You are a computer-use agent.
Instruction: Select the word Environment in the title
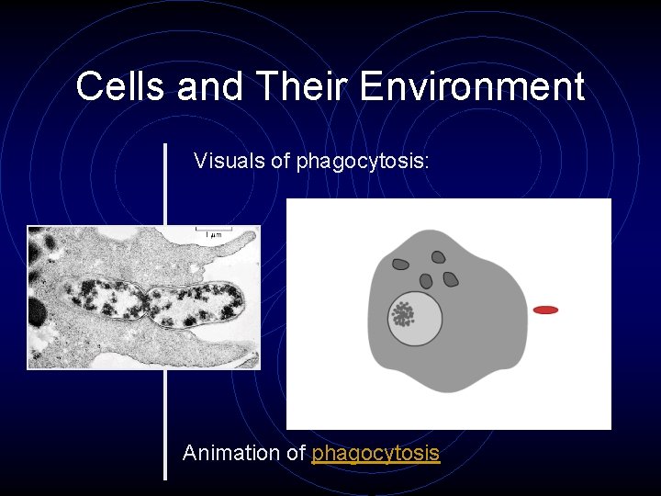[472, 87]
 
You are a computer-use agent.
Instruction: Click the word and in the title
[210, 87]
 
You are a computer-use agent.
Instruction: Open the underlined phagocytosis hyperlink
[375, 454]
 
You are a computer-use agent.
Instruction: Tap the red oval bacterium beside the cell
[545, 310]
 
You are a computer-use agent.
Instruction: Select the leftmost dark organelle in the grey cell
[401, 265]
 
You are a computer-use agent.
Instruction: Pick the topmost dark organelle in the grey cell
[439, 258]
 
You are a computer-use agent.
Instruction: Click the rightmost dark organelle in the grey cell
[451, 278]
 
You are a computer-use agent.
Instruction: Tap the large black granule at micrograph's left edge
[37, 311]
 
